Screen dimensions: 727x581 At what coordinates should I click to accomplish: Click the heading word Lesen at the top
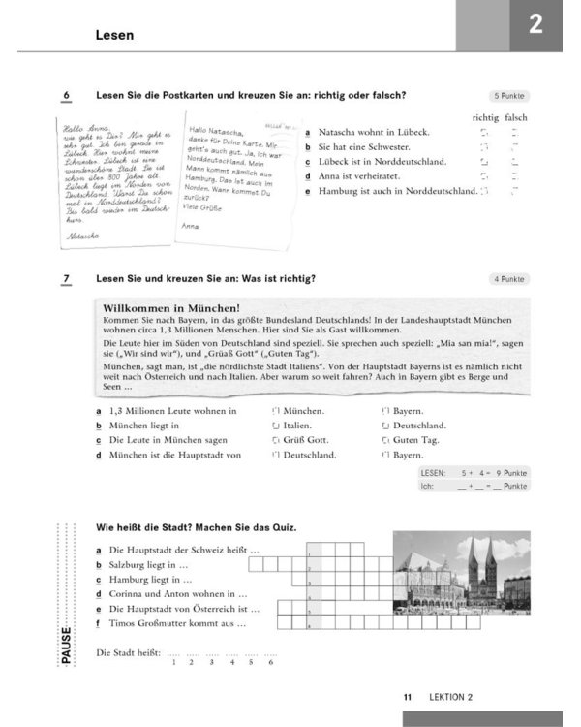click(x=113, y=35)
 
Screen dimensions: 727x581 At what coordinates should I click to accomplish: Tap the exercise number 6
click(x=66, y=95)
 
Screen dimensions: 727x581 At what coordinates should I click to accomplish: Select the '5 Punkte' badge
click(x=510, y=96)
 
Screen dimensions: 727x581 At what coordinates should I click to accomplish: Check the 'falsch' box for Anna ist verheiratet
click(x=515, y=176)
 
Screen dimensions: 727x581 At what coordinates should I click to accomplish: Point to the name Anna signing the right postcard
click(x=191, y=226)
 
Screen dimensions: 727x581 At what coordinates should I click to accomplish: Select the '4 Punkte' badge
click(x=510, y=279)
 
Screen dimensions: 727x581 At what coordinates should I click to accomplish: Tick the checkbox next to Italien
click(x=276, y=426)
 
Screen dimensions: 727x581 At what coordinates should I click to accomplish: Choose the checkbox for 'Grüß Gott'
click(x=276, y=440)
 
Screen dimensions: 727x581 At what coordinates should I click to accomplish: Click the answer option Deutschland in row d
click(x=308, y=455)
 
